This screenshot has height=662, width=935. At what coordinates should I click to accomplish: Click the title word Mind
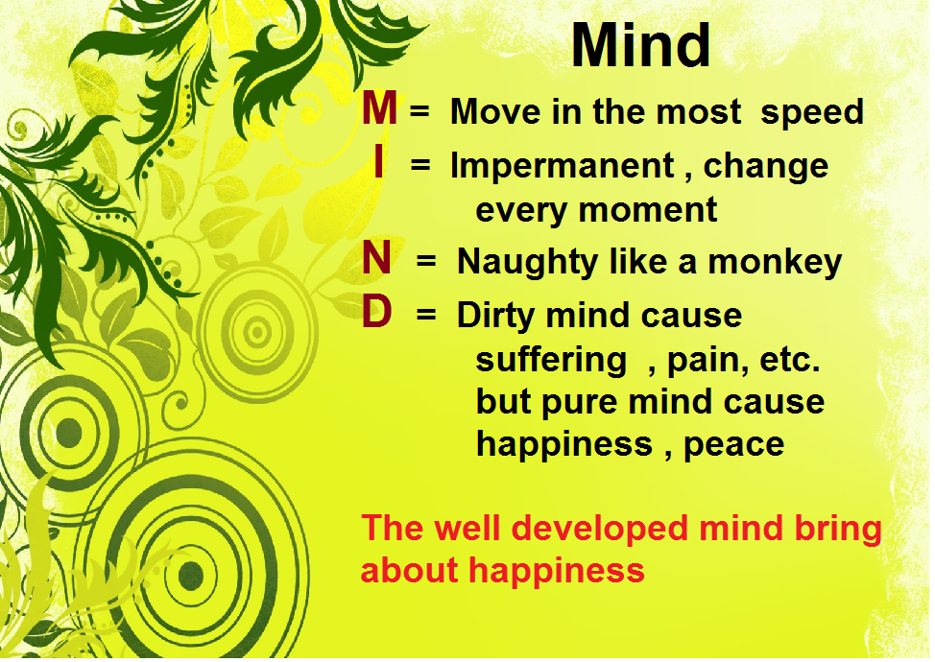[x=641, y=45]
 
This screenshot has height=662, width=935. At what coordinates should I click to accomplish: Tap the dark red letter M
[x=379, y=107]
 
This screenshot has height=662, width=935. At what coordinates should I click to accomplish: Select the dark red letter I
[x=378, y=161]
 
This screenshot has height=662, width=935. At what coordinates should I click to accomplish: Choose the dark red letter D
[x=377, y=312]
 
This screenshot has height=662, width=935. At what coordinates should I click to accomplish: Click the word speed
[x=812, y=113]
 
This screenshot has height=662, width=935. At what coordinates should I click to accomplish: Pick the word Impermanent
[x=563, y=167]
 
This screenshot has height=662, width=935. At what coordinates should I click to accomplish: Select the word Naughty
[x=527, y=263]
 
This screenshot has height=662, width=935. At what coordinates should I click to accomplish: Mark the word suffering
[x=551, y=361]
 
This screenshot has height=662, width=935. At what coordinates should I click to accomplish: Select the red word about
[x=410, y=570]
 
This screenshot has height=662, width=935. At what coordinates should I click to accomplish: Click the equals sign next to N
[x=426, y=260]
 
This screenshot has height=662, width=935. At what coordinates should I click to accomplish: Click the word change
[x=766, y=167]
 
